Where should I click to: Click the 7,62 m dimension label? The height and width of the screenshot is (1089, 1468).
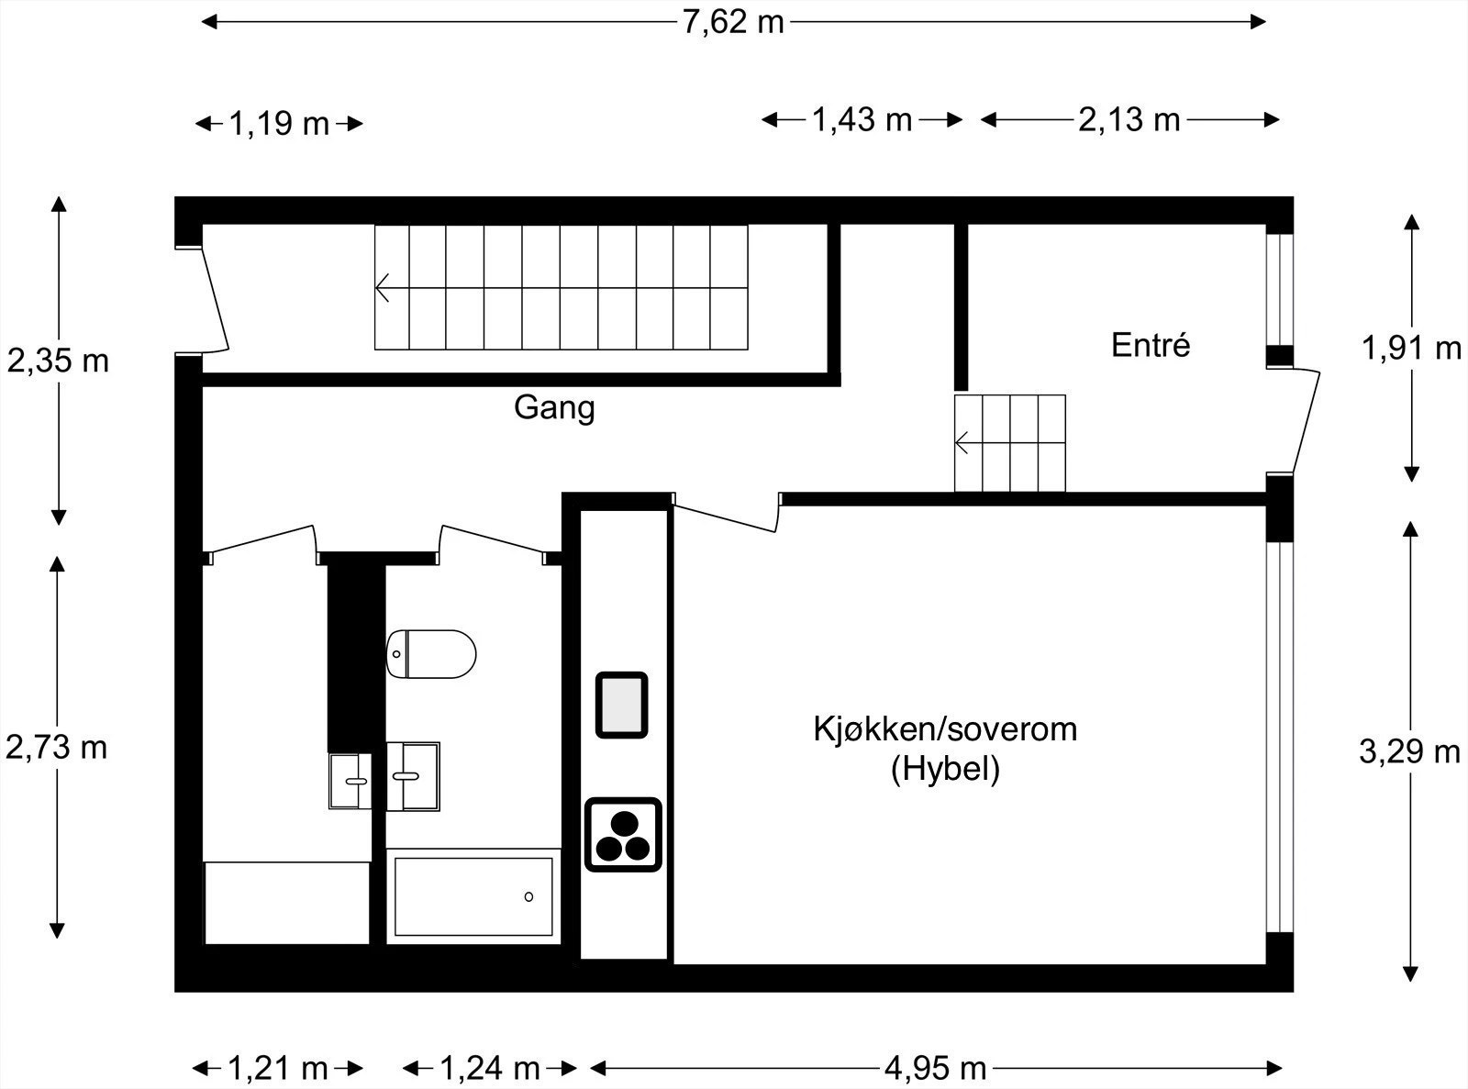[733, 21]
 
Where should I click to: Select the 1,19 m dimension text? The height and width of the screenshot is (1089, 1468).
[278, 123]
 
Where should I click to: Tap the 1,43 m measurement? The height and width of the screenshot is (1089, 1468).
[862, 119]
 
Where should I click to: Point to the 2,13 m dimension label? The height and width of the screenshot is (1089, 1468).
[1129, 119]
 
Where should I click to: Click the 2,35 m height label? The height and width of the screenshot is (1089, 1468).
[58, 361]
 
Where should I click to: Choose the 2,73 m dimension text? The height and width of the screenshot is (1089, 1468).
[57, 748]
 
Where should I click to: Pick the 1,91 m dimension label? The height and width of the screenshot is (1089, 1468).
[1411, 348]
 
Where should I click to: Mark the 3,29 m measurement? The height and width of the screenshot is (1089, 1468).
[1409, 751]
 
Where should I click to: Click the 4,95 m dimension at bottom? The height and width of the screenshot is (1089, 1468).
[935, 1068]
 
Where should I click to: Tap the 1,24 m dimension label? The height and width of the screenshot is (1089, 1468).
[489, 1068]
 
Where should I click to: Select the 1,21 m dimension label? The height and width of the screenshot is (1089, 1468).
[277, 1068]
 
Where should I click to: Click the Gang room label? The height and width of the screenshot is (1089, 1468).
[554, 407]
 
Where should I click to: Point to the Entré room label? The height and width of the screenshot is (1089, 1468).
[1151, 345]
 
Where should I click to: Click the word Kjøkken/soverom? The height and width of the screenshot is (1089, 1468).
[945, 729]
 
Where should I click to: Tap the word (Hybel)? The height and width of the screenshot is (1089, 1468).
[945, 769]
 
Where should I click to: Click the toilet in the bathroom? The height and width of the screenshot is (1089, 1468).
[431, 653]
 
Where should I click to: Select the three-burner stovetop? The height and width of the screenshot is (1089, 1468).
[624, 834]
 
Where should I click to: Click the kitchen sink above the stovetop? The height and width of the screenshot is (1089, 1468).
[622, 705]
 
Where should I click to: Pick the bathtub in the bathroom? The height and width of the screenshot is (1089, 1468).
[473, 895]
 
